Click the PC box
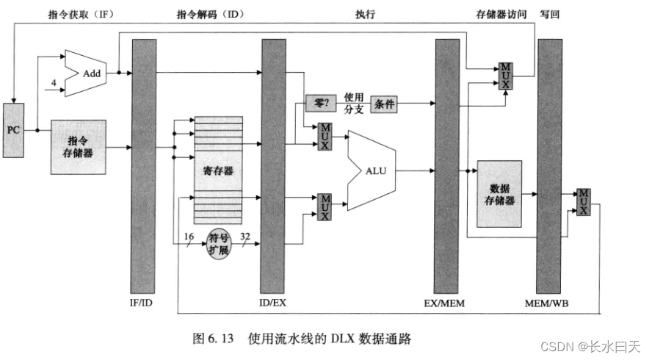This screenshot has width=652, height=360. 14,129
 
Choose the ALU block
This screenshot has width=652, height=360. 374,170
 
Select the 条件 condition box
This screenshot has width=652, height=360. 385,104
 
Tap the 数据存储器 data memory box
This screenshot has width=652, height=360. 499,194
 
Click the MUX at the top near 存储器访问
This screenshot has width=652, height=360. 504,75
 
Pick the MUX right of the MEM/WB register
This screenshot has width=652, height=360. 584,201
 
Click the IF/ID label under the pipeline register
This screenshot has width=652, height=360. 143,302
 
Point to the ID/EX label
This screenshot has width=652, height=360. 273,302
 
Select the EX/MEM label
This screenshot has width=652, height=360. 446,302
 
